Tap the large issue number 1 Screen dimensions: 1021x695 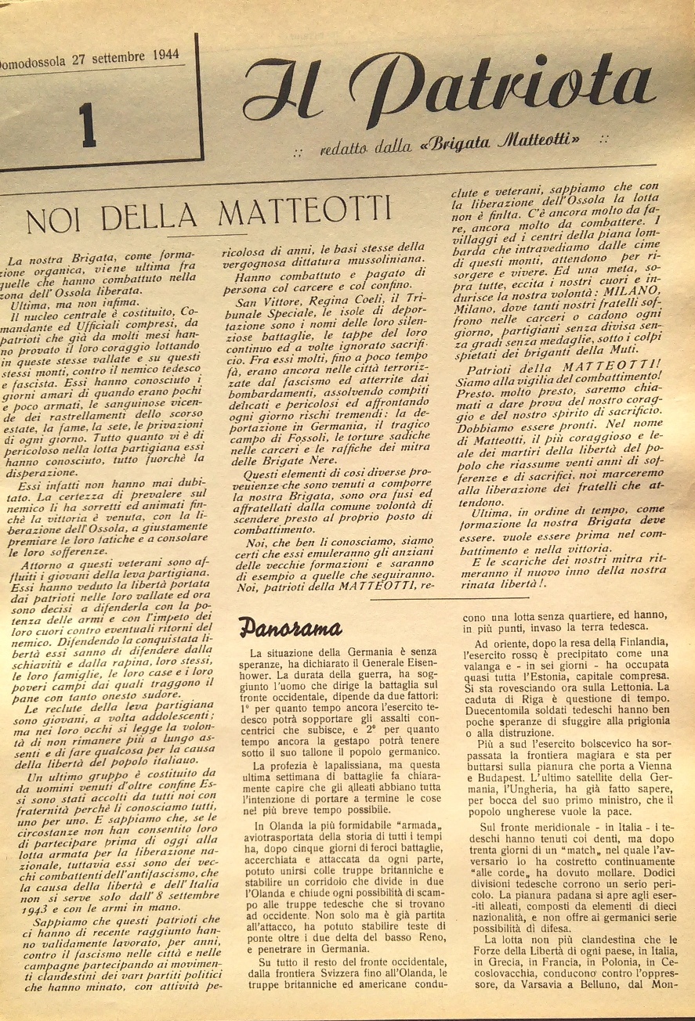(88, 125)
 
